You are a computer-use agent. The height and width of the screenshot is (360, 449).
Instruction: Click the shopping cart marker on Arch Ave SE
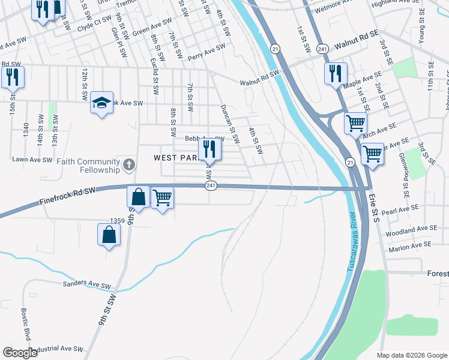[x=356, y=124]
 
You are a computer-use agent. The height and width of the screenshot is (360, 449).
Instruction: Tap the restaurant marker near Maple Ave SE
[x=336, y=73]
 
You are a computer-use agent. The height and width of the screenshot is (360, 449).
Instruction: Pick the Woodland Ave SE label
[x=409, y=230]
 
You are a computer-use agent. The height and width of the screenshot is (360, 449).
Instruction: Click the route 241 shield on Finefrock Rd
[x=211, y=187]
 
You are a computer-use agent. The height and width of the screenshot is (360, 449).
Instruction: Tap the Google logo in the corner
[x=20, y=353]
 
